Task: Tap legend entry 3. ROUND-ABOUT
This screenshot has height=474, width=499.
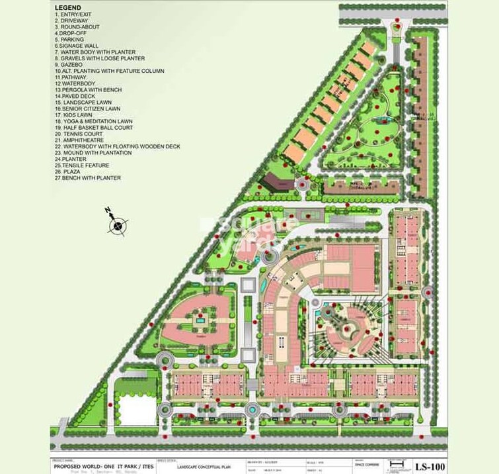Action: click(77, 27)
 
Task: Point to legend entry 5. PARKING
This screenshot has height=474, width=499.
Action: click(69, 40)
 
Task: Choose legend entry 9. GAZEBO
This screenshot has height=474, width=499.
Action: click(69, 65)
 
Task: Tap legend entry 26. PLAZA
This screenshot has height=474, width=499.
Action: click(69, 171)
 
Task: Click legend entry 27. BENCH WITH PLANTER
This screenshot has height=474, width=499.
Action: click(88, 178)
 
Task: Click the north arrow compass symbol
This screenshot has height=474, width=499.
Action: click(118, 226)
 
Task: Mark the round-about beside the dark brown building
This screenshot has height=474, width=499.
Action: click(302, 185)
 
